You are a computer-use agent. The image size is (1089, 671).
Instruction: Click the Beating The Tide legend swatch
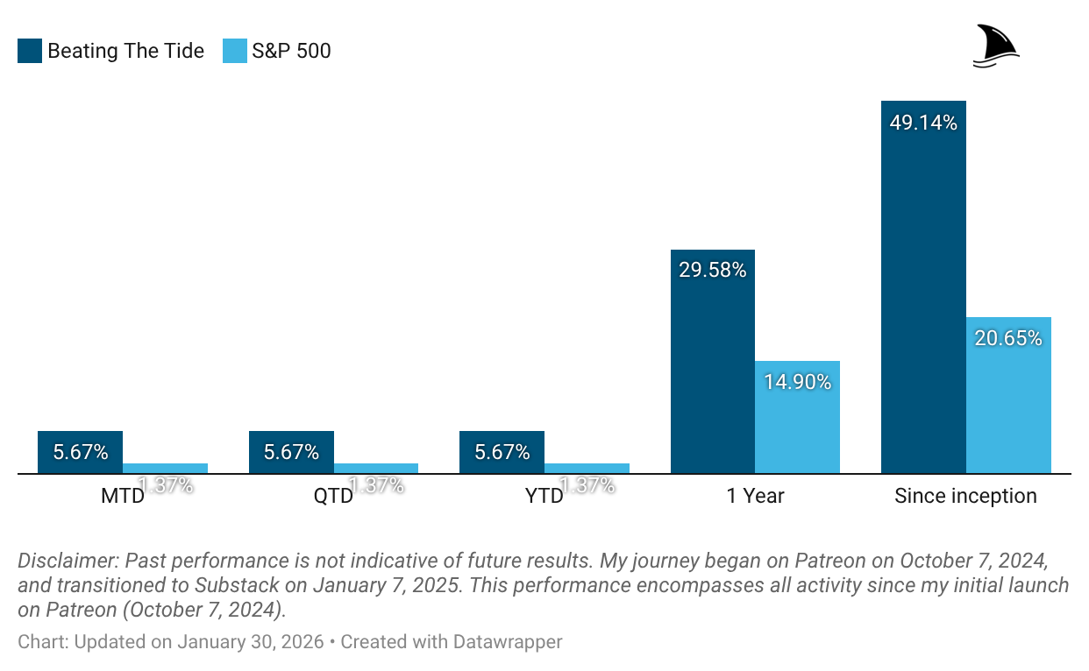[x=30, y=51]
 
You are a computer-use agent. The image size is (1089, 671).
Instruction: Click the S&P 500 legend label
[x=291, y=51]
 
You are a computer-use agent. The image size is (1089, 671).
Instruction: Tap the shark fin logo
[x=996, y=46]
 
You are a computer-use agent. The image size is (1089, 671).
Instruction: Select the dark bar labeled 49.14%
[x=923, y=289]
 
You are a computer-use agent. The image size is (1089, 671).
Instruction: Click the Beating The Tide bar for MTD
[x=80, y=452]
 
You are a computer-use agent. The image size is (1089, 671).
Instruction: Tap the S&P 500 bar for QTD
[x=376, y=469]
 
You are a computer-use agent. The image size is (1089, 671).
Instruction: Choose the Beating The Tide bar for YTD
[x=502, y=452]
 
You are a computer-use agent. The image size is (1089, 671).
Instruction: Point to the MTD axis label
[x=122, y=497]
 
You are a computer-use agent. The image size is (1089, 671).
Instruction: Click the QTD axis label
[x=333, y=497]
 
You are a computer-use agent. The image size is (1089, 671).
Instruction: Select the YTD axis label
[x=544, y=497]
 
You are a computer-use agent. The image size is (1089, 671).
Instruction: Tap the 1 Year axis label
[x=755, y=497]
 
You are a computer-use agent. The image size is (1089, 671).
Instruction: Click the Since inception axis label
[x=965, y=497]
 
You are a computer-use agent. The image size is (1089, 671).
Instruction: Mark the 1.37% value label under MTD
[x=166, y=484]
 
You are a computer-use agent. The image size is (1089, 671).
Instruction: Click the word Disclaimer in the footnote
[x=67, y=561]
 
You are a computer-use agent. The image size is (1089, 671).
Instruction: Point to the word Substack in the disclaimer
[x=238, y=585]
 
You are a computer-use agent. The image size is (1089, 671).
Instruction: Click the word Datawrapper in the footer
[x=508, y=642]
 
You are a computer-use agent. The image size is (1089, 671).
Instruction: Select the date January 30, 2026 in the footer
[x=250, y=642]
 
